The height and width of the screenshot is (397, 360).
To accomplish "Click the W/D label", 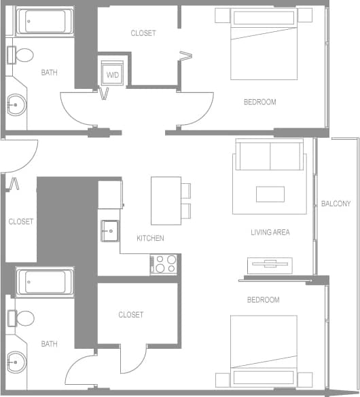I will click(x=111, y=75).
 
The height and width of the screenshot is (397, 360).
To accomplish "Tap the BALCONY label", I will click(x=336, y=204).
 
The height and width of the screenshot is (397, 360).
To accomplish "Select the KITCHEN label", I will click(x=150, y=238).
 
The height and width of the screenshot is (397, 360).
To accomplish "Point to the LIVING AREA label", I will click(x=270, y=232).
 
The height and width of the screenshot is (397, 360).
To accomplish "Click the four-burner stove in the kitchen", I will click(x=163, y=264).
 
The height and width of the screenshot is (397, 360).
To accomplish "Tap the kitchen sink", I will click(x=109, y=231).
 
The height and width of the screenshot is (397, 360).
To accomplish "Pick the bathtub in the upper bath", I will click(x=44, y=22).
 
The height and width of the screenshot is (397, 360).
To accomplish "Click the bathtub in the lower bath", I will click(x=44, y=282).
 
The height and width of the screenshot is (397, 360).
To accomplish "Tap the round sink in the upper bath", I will click(x=15, y=104).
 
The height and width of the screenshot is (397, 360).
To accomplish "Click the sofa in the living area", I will click(x=270, y=155).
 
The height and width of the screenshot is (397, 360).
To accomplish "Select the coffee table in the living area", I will click(x=270, y=194).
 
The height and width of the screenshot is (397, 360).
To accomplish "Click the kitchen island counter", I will click(x=166, y=200).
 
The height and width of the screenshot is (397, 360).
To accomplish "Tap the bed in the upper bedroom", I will click(x=264, y=45).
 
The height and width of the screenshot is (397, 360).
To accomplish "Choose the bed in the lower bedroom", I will click(x=264, y=352).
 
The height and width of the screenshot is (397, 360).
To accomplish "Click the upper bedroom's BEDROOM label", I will click(x=260, y=102).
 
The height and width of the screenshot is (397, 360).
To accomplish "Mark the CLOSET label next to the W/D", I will click(x=143, y=33).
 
